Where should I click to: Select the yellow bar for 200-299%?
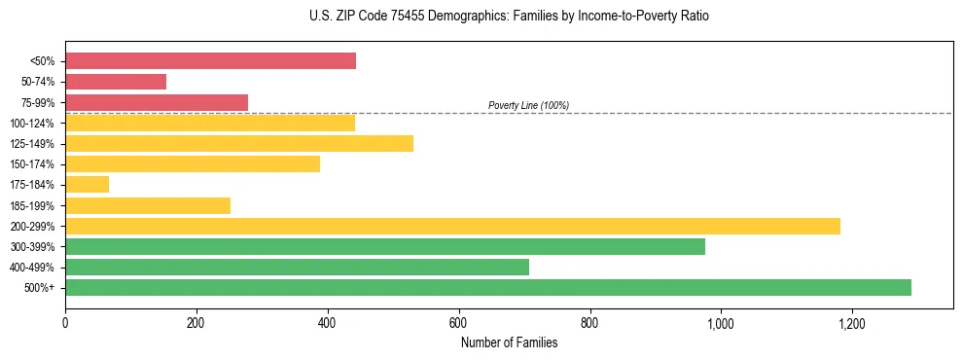(x=452, y=226)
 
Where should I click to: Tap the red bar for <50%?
(x=210, y=61)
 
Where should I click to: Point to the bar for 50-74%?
(x=116, y=82)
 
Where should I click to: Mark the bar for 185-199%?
(x=148, y=205)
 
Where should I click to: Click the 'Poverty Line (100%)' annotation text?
(x=528, y=105)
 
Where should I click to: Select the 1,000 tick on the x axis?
(x=721, y=323)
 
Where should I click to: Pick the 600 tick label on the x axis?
(x=458, y=323)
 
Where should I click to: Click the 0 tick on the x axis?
(x=65, y=323)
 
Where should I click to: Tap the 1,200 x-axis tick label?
(x=851, y=323)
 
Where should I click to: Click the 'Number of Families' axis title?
(x=509, y=342)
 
